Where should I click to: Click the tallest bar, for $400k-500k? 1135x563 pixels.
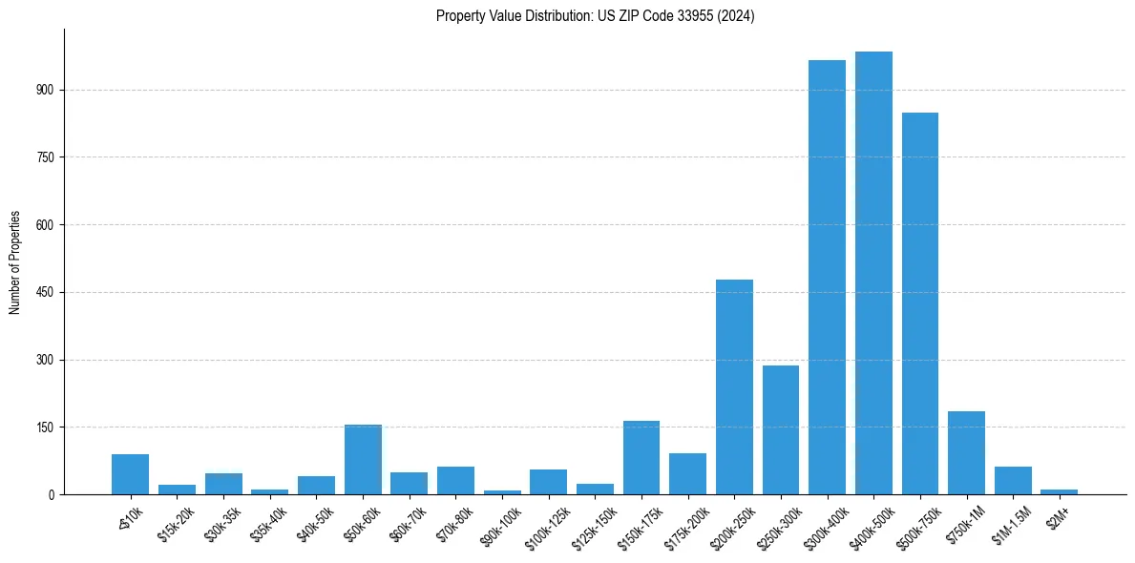pos(873,273)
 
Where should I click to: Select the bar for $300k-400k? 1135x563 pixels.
pos(827,278)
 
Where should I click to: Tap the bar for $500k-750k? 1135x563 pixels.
pos(920,303)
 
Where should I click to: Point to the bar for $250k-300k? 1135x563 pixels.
pos(781,429)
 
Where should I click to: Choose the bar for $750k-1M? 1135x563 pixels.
pos(967,453)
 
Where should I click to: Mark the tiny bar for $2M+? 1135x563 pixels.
pos(1060,491)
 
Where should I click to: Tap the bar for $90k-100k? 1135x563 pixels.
pos(502,492)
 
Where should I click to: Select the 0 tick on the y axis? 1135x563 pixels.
pos(53,495)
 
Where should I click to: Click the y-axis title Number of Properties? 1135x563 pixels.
pos(14,262)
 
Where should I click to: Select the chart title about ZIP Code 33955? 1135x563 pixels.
pos(595,15)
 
